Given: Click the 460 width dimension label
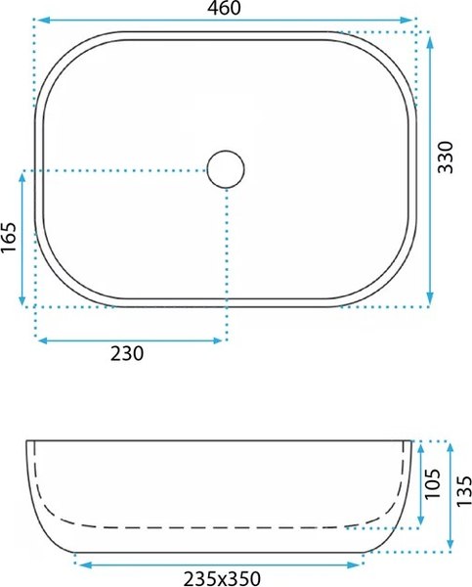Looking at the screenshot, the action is (x=225, y=8).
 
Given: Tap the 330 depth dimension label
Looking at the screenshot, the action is (x=445, y=158).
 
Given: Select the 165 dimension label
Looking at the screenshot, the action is (x=9, y=238).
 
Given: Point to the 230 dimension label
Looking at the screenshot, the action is (x=127, y=353).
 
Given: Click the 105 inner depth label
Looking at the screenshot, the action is (x=433, y=483).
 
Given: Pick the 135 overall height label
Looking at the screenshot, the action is (x=464, y=491).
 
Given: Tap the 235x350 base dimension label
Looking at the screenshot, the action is (x=222, y=578).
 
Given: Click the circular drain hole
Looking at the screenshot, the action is (x=226, y=169).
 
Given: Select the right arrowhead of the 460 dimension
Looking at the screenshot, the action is (x=407, y=20).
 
